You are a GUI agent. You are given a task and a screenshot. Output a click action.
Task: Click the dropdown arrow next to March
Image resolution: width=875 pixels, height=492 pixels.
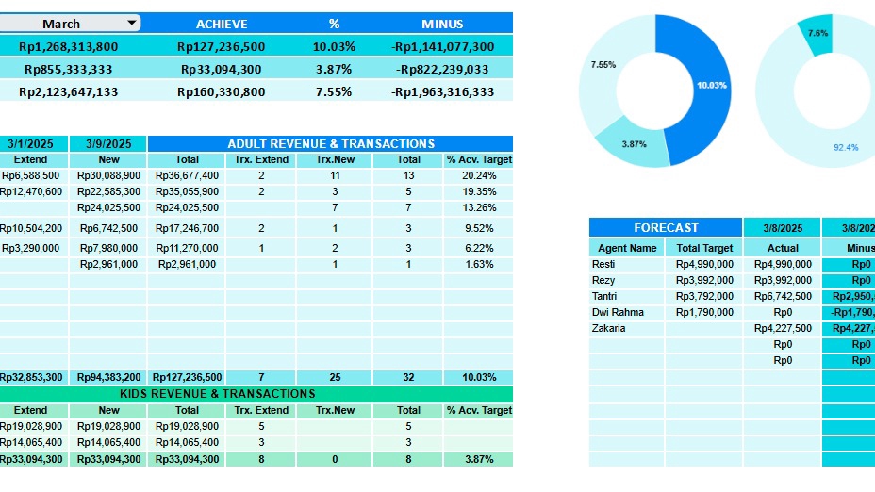[x=131, y=23]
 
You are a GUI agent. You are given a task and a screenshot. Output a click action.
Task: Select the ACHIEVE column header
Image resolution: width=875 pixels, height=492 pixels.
[x=222, y=24]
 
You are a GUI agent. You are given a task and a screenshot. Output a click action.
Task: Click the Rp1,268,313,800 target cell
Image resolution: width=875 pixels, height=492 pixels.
[x=69, y=46]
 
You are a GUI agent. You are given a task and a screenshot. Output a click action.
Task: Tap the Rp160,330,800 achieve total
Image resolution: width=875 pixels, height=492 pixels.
[x=221, y=91]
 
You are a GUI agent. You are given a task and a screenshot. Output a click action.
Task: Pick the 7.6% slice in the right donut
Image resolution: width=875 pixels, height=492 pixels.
[x=817, y=32]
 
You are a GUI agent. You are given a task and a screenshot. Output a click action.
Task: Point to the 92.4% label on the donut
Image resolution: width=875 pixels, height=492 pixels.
[x=846, y=147]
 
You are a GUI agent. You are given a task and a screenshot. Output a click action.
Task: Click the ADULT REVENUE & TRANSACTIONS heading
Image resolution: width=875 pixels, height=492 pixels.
[x=330, y=144]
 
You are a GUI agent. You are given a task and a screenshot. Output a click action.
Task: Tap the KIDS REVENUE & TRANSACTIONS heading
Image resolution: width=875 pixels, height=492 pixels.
[x=217, y=394]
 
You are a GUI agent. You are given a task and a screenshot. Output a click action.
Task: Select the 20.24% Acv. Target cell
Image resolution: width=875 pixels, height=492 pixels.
[x=478, y=175]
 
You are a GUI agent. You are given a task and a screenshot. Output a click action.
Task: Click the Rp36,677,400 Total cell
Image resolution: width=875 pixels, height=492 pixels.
[x=187, y=175]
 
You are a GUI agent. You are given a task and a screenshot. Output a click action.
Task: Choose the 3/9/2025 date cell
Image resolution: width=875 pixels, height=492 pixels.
[x=108, y=144]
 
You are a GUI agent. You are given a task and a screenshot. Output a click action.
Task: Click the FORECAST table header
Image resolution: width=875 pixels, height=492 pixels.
[x=666, y=227]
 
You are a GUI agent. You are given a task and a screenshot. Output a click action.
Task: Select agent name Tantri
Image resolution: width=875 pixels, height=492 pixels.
[x=604, y=296]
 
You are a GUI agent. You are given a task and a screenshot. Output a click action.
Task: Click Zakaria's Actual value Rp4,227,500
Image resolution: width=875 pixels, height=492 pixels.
[x=783, y=328]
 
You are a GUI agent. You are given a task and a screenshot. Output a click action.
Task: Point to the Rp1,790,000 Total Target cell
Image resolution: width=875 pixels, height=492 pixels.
[x=704, y=312]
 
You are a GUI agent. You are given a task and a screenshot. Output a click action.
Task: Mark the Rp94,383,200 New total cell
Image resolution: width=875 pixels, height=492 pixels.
[x=108, y=377]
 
